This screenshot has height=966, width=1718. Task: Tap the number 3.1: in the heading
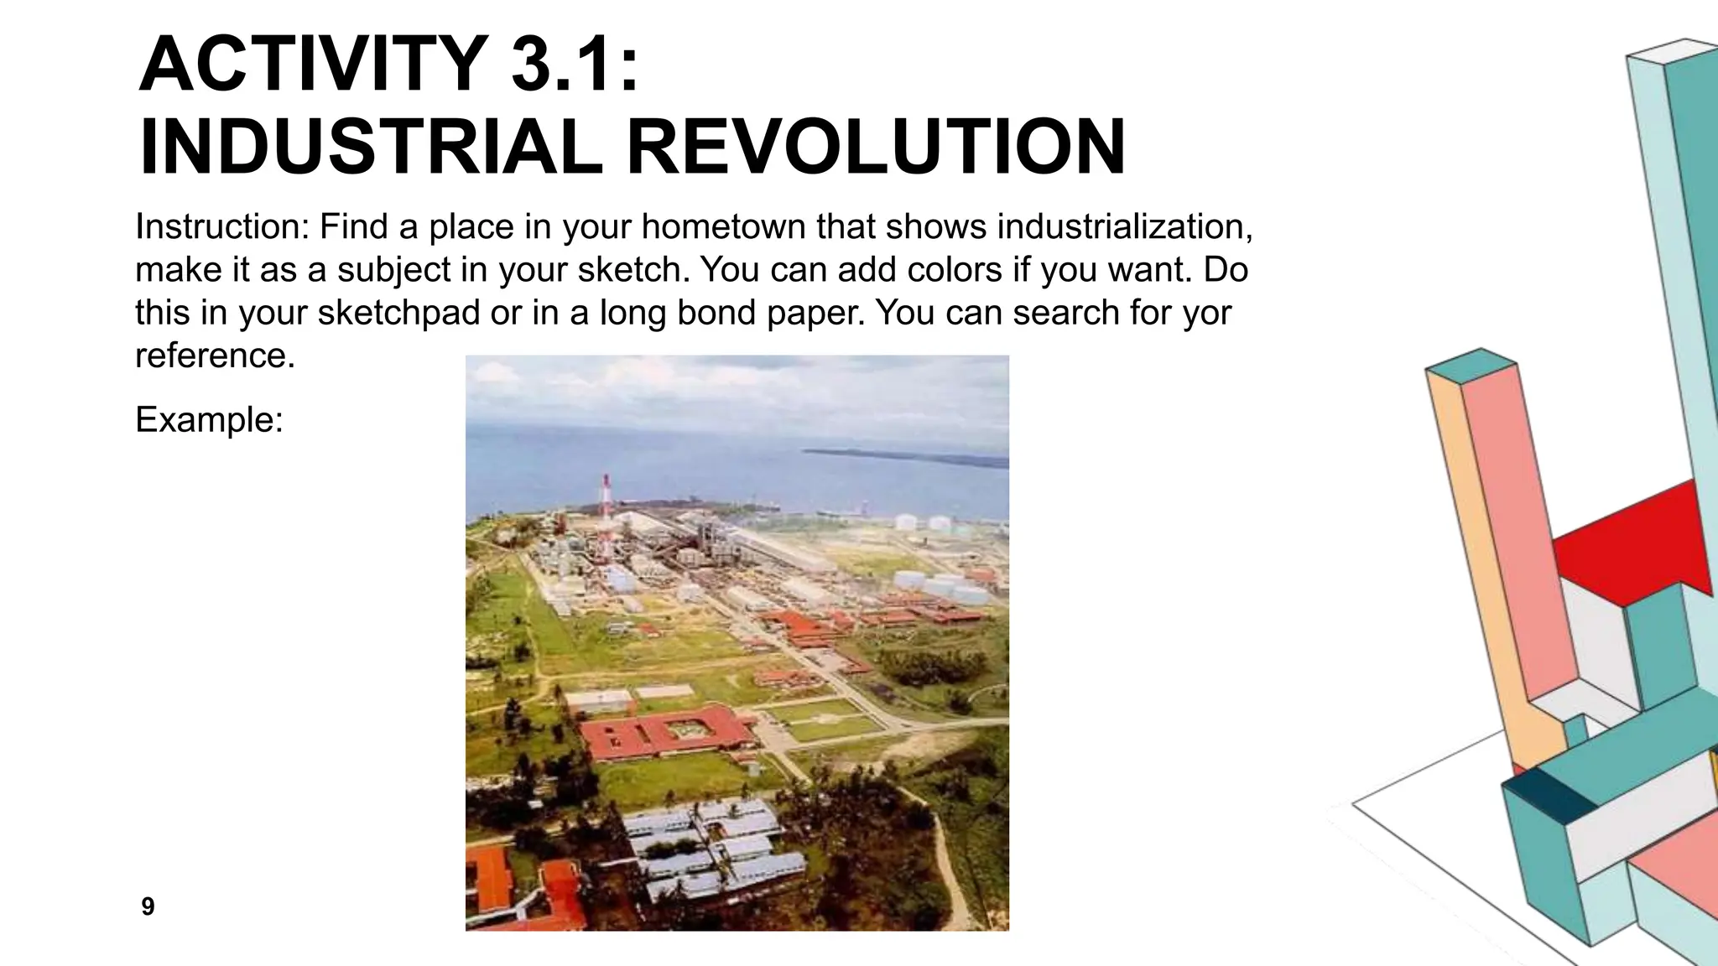click(575, 65)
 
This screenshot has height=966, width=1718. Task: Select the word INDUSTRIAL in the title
click(369, 148)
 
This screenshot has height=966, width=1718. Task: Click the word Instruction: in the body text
click(222, 226)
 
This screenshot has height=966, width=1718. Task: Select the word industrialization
click(1125, 226)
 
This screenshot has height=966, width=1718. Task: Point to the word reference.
click(215, 356)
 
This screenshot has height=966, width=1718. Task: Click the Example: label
click(209, 419)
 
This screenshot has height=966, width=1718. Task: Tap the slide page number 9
click(148, 906)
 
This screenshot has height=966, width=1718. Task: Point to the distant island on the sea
click(906, 456)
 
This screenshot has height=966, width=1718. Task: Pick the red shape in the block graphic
click(1636, 545)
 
